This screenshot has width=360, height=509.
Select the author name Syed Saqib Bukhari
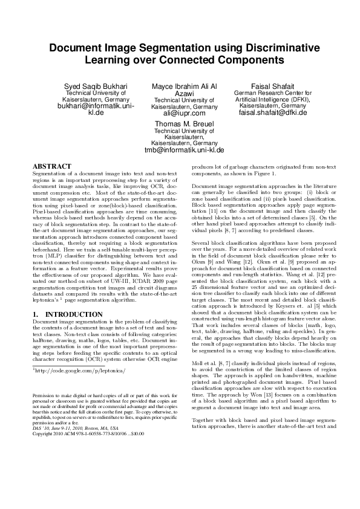click(x=96, y=87)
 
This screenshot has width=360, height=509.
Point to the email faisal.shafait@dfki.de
click(x=264, y=112)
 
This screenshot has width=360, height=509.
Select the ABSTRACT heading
click(x=51, y=166)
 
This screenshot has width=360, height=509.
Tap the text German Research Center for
click(x=264, y=94)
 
